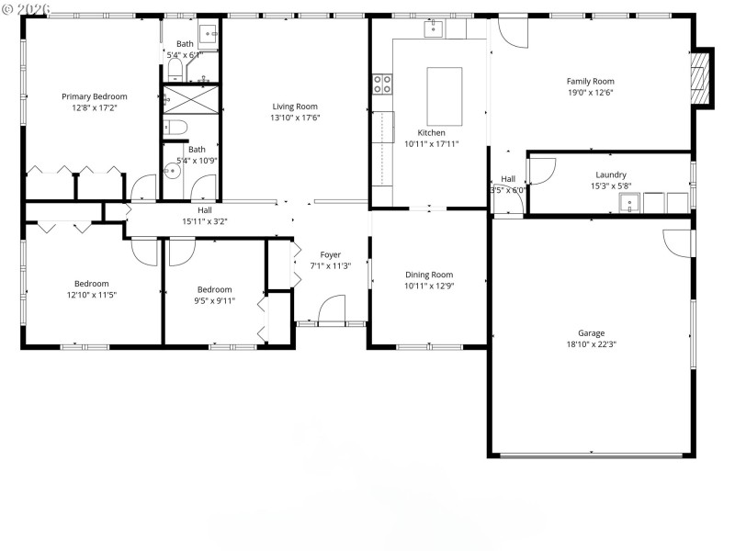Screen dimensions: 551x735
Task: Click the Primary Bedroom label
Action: click(94, 96)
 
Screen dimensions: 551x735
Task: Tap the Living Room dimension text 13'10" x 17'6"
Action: click(294, 118)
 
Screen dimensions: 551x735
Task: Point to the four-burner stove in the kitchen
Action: click(382, 84)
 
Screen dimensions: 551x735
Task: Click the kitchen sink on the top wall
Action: click(434, 29)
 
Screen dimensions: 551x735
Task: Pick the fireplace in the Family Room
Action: click(702, 77)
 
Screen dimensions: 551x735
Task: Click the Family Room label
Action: click(590, 81)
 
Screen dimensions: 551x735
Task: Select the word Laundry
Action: click(611, 174)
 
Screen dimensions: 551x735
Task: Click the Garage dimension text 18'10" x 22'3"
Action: click(591, 344)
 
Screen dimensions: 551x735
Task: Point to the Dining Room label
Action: click(429, 275)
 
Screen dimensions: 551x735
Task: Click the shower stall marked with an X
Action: click(190, 99)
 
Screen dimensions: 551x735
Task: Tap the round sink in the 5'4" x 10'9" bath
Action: click(170, 170)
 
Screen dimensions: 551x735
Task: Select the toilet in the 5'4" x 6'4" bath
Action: click(175, 69)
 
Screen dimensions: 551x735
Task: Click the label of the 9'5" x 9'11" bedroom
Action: click(214, 289)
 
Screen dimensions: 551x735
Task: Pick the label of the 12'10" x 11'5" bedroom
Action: click(91, 284)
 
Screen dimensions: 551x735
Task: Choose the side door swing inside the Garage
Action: click(678, 242)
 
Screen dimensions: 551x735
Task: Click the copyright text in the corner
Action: click(26, 7)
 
